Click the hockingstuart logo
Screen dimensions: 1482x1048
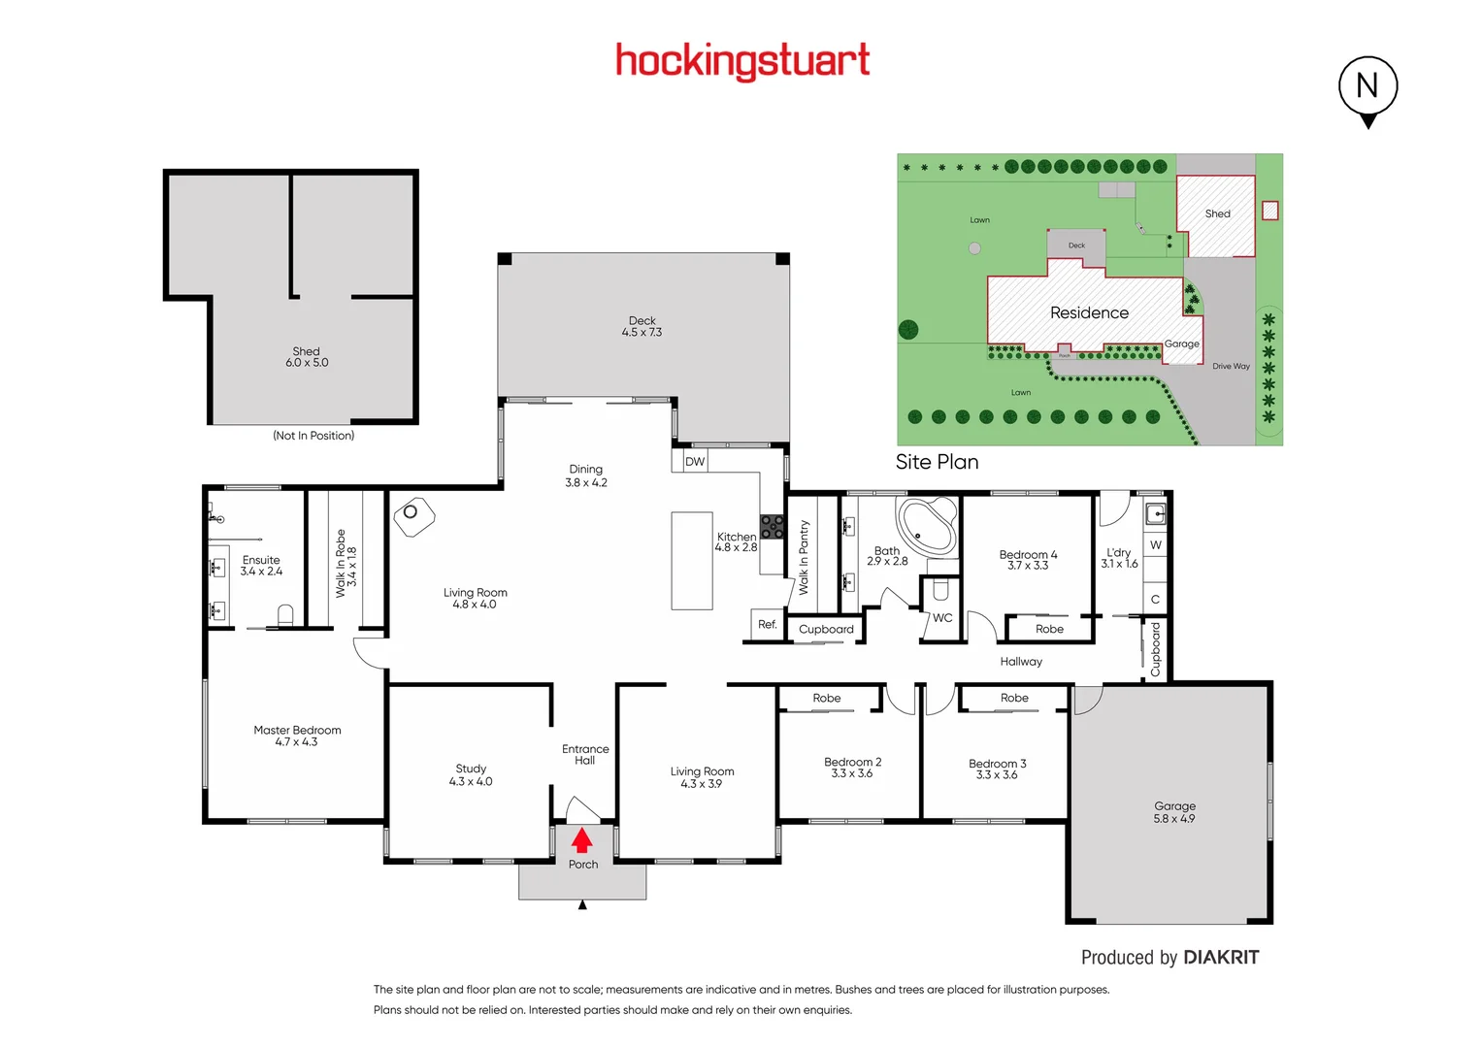(742, 61)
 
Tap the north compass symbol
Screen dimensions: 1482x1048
(1367, 87)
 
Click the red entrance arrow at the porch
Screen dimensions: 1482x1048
(581, 840)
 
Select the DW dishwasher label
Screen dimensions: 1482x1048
(695, 462)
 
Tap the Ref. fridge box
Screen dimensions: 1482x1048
(767, 625)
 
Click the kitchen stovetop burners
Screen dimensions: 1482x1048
(772, 527)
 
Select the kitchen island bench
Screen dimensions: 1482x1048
(692, 561)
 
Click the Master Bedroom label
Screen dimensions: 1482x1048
(297, 736)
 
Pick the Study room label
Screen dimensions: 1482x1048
(471, 774)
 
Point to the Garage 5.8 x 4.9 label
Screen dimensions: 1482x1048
(1174, 812)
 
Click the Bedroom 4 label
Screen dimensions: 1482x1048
(1028, 560)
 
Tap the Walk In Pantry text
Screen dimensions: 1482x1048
(804, 557)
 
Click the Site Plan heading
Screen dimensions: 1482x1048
(937, 462)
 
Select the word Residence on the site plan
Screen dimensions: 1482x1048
(1089, 312)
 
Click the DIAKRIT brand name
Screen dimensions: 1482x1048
(1221, 958)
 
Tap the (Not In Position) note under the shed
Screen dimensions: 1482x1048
(313, 436)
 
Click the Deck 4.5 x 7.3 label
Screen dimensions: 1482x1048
(642, 326)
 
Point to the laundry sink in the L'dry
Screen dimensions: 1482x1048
(1155, 513)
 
